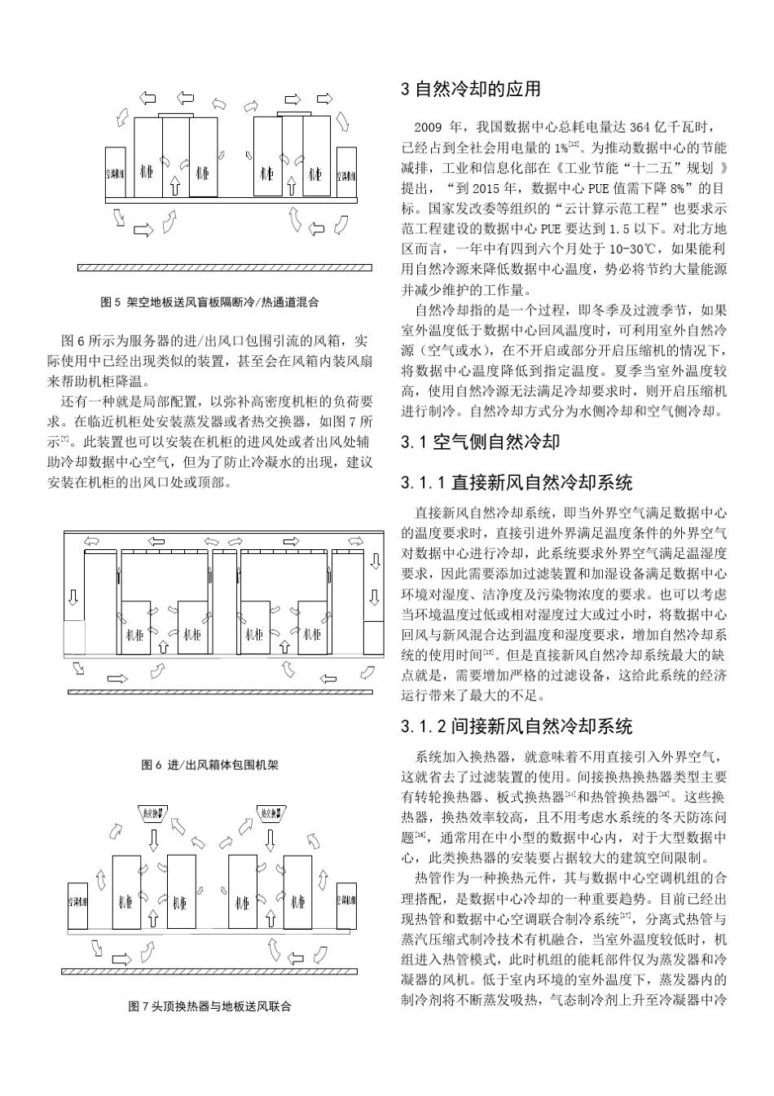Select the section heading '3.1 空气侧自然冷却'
[x=481, y=442]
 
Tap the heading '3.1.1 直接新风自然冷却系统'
[x=517, y=483]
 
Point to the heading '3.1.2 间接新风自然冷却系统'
[x=517, y=726]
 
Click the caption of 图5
[x=209, y=302]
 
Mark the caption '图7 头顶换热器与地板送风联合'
[x=209, y=1006]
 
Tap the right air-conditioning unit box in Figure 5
[x=346, y=173]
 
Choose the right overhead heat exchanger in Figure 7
[x=268, y=812]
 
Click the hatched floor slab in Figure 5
[x=224, y=266]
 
